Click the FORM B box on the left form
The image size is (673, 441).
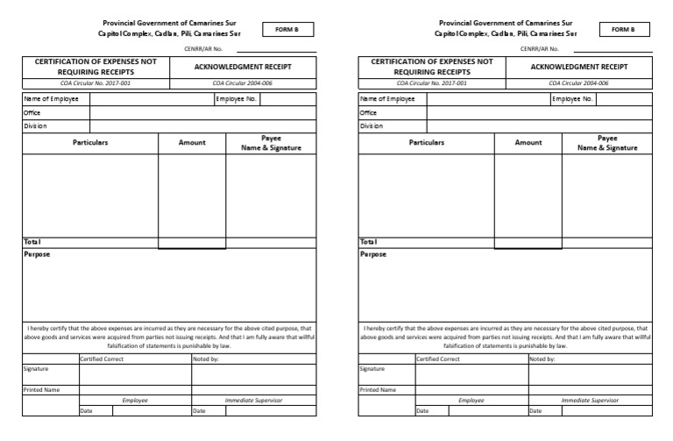[x=287, y=29]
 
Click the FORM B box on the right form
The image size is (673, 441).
[x=624, y=29]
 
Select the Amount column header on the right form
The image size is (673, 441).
[x=528, y=142]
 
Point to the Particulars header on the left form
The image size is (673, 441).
[x=90, y=142]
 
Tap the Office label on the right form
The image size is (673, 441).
[x=368, y=112]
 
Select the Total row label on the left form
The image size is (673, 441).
[x=32, y=242]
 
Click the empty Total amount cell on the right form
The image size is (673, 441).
[x=528, y=243]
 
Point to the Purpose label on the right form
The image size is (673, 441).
[x=372, y=255]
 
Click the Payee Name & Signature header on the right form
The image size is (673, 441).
[x=607, y=143]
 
